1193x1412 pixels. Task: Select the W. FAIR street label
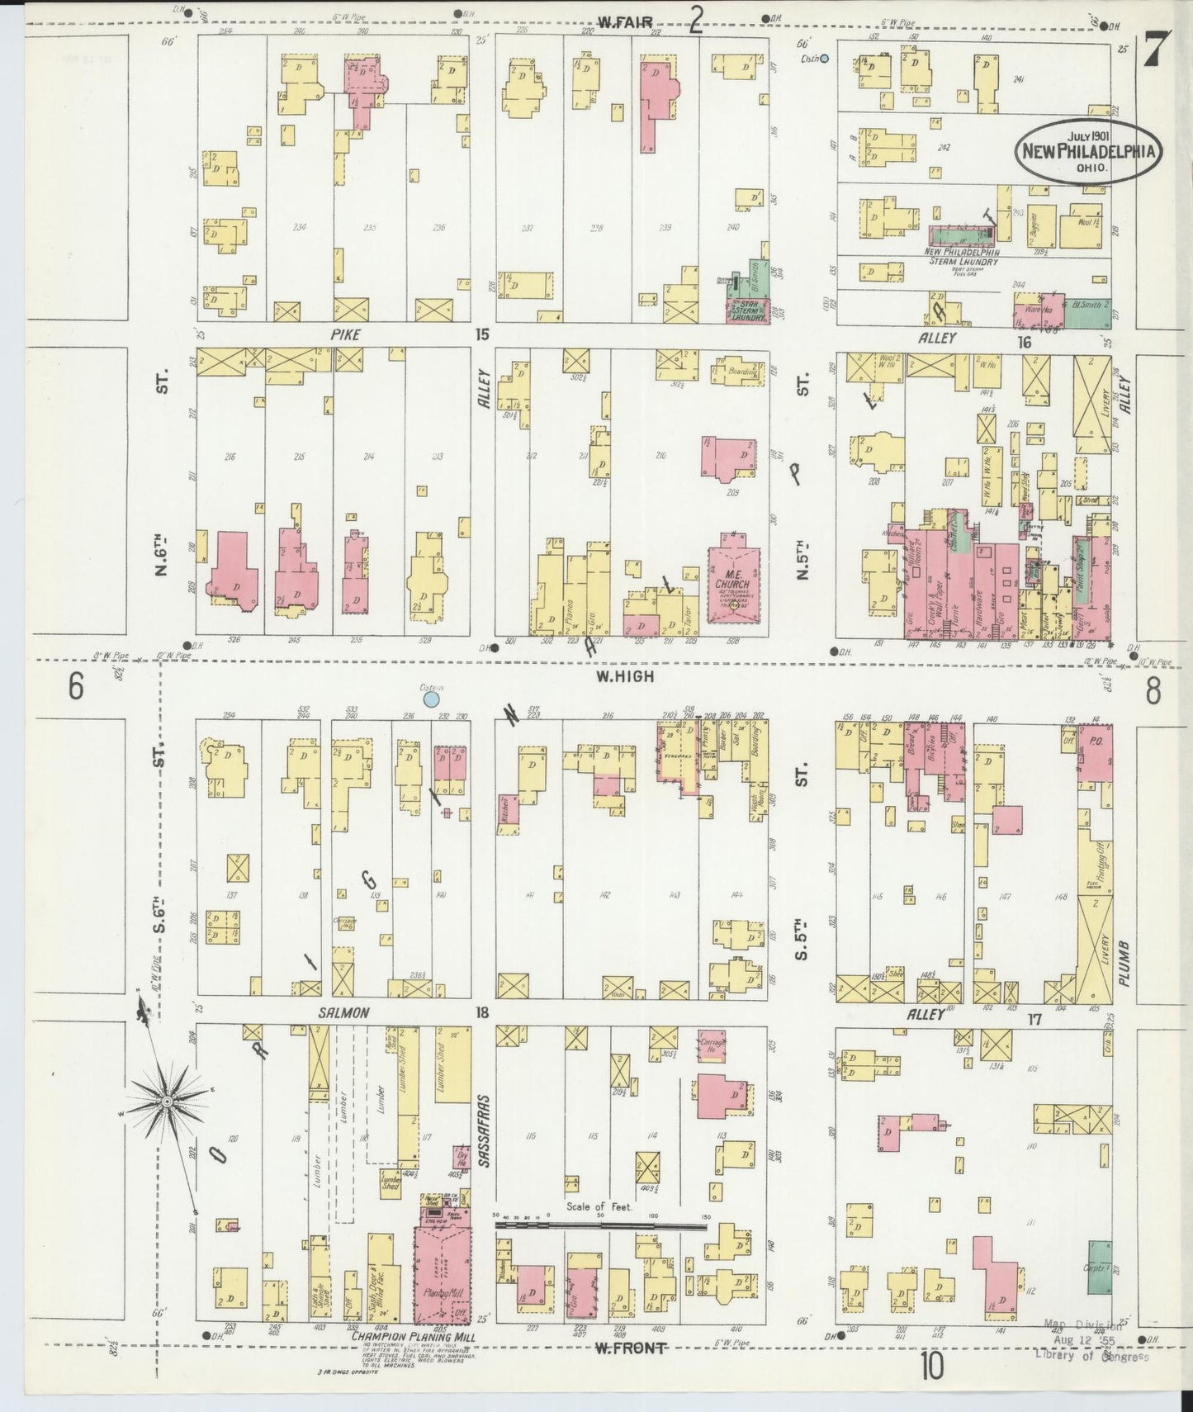[x=621, y=23]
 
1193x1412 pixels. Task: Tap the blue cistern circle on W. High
[x=430, y=700]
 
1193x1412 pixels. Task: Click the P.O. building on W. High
[x=1095, y=751]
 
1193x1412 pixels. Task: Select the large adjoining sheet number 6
[x=76, y=687]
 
